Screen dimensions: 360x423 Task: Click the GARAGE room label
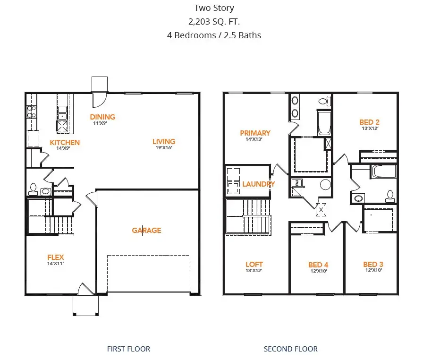tap(146, 231)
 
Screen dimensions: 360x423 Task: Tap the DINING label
tap(102, 117)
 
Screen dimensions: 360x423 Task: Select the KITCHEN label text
tap(65, 142)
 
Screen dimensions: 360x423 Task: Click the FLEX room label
tap(55, 257)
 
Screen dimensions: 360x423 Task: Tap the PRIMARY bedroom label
tap(255, 133)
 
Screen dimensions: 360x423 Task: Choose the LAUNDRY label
tap(259, 184)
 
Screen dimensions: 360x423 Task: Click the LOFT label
tap(254, 264)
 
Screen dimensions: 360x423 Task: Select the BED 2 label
tap(369, 122)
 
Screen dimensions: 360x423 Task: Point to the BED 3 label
tap(373, 264)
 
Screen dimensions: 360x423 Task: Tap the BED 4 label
tap(318, 265)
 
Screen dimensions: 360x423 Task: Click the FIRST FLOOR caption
tap(128, 349)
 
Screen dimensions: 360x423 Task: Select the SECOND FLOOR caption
tap(290, 349)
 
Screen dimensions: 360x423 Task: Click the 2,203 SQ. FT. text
tap(214, 21)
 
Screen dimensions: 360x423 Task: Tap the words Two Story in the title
tap(214, 8)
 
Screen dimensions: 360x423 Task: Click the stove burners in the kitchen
tap(32, 111)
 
